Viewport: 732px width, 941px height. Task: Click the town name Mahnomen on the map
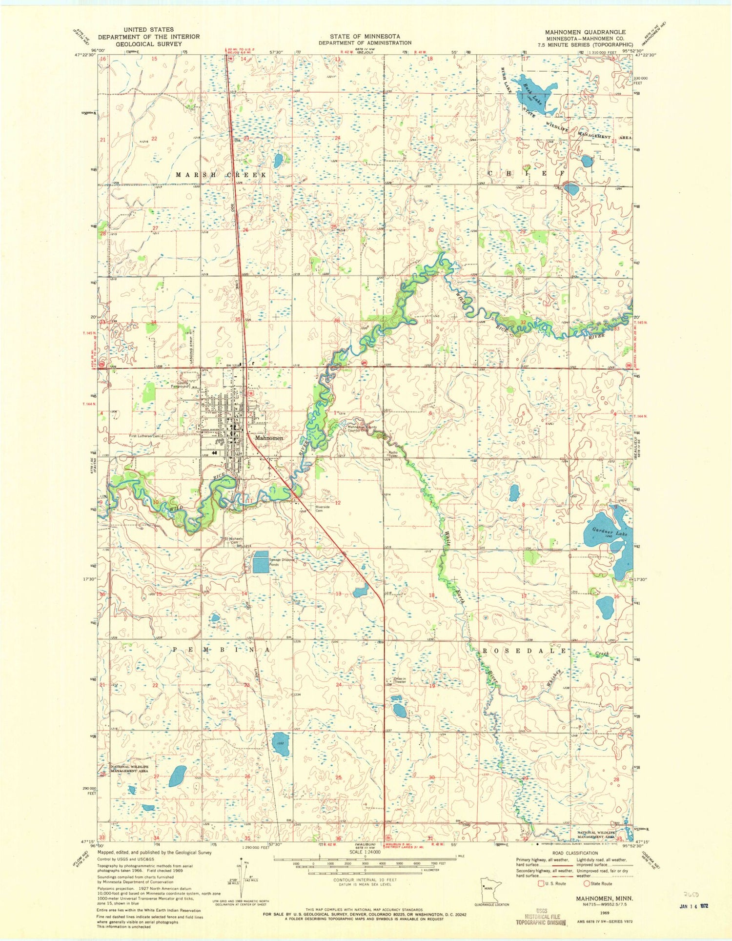(269, 438)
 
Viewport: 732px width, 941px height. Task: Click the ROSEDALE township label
(525, 651)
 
